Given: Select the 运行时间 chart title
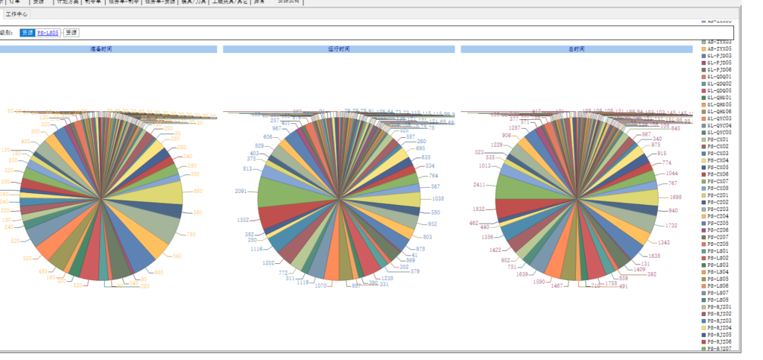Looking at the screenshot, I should [x=338, y=49].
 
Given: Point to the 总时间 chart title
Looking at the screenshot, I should [x=576, y=49].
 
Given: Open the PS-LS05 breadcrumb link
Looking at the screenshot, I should [x=48, y=33].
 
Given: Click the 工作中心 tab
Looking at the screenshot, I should [x=16, y=14].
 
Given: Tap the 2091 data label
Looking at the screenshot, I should [x=241, y=192].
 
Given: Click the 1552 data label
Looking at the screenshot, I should [x=243, y=221].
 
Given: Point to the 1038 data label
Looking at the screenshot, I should [x=438, y=199].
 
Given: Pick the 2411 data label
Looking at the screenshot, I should [x=480, y=184].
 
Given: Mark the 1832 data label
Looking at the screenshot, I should [x=479, y=209].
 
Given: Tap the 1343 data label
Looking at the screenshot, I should [x=665, y=242].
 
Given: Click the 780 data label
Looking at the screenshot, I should [x=190, y=235].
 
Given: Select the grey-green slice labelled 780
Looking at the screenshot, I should [x=159, y=224].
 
